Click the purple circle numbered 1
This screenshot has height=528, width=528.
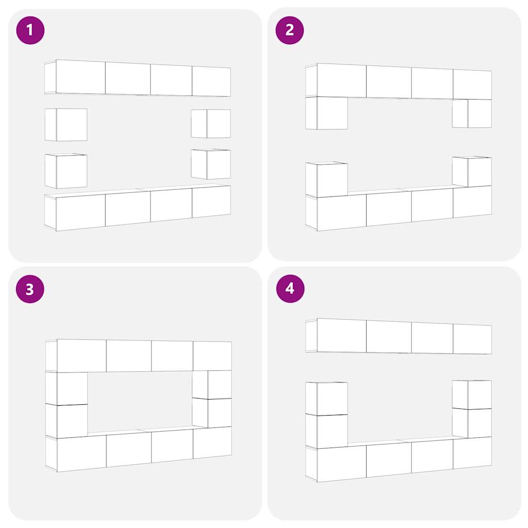tap(30, 30)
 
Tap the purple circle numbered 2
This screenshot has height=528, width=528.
tap(290, 30)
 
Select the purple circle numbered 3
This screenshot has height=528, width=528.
tap(30, 289)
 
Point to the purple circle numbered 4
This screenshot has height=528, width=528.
tap(290, 289)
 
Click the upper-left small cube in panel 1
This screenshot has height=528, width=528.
tap(66, 125)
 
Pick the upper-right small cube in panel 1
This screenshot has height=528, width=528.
tap(211, 124)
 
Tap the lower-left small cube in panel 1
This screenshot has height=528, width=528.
tap(66, 171)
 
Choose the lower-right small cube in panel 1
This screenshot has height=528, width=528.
tap(211, 164)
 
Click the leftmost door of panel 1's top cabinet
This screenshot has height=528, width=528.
tap(80, 77)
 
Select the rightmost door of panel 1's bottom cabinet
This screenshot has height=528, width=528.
tap(211, 202)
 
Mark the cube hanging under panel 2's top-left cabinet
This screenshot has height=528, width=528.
tap(326, 113)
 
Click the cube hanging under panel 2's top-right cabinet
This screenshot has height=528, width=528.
tap(472, 113)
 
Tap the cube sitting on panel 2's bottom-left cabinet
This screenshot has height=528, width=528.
tap(326, 179)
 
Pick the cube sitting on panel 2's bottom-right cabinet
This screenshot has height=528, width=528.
tap(472, 171)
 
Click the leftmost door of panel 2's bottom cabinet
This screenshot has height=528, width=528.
tap(341, 212)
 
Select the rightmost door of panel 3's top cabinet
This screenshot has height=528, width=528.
tap(212, 356)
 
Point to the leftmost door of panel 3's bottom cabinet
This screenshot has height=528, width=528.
tap(81, 453)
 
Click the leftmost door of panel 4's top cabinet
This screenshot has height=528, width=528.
tap(341, 335)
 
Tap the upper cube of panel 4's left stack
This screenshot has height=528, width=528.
tap(326, 399)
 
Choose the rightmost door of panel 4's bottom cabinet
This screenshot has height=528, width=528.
tap(472, 453)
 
